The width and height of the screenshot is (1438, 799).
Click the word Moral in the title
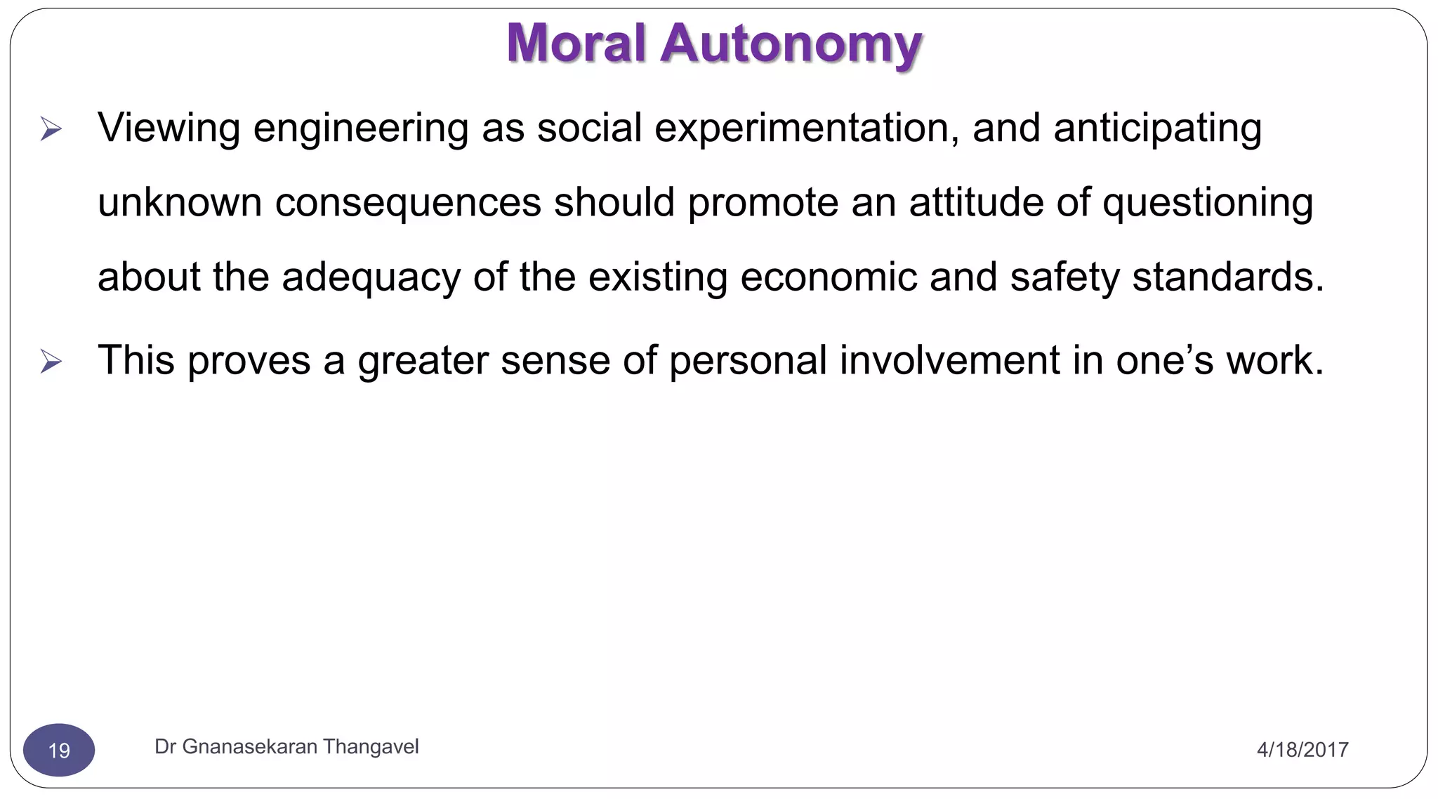576,44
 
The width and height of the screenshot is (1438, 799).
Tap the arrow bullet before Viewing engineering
51,129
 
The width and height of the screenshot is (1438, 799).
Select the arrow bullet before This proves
51,362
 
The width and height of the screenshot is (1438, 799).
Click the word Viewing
169,129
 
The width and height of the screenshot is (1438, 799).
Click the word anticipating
1157,129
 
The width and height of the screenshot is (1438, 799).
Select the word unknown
180,203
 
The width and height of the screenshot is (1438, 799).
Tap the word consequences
408,203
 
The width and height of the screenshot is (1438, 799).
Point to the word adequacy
371,278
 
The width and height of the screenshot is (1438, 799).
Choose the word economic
829,277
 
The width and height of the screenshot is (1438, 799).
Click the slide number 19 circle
59,750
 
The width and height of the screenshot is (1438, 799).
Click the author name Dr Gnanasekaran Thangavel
286,746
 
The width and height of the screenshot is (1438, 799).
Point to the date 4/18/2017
1302,750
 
